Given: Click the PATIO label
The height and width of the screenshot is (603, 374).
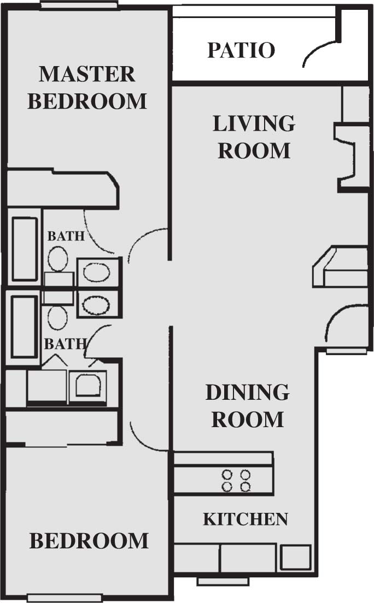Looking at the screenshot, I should (241, 50).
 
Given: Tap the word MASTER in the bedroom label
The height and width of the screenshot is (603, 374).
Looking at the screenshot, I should (87, 74).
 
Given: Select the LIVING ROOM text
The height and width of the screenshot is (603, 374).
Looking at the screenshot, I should (254, 137).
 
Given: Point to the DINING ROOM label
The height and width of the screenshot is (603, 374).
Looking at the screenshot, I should (247, 406).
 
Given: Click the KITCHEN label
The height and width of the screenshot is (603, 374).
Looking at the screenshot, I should (245, 519).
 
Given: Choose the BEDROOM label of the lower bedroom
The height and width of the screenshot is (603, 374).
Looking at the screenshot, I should (89, 541).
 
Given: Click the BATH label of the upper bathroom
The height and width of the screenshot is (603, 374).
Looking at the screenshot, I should (66, 237).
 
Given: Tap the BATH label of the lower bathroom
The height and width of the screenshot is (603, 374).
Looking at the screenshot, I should (65, 344).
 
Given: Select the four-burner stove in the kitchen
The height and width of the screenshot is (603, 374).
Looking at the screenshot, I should (236, 480).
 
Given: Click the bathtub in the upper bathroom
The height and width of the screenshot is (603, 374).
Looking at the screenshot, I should (25, 249).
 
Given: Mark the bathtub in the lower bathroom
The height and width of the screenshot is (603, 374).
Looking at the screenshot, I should (24, 327).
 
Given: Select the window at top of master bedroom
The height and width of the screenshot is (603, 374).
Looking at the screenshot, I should (79, 5).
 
